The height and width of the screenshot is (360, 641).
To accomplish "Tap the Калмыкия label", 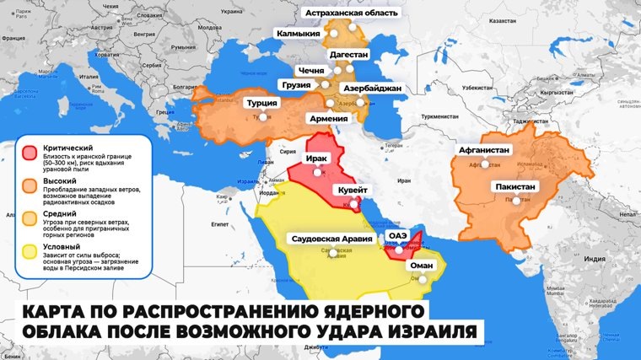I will point(299,35).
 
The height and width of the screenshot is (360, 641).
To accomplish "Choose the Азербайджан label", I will point(373,88).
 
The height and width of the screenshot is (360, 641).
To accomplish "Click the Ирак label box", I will point(318,158).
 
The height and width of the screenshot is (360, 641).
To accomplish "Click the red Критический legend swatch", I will point(30,152).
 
